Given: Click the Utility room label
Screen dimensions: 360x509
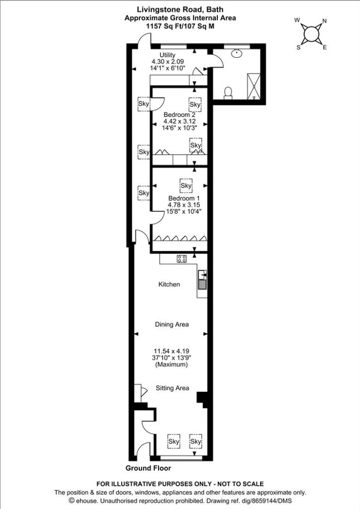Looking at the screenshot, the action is coord(168,55).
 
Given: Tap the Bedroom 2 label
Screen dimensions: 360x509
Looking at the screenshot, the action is coord(180,115).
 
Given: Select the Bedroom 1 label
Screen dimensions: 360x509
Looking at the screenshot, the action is coord(184,198).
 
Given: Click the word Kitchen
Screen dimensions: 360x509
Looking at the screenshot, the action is coord(169,284).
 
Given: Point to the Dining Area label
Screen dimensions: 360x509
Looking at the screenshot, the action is coord(172,324).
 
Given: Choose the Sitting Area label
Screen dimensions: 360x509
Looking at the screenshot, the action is coord(173,388).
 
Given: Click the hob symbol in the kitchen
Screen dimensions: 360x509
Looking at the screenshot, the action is coord(182,258).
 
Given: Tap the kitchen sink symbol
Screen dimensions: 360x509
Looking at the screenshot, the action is coord(202,279).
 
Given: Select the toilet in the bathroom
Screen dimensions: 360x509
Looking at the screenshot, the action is coord(228,92).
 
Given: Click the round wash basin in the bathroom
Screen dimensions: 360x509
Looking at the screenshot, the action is coord(237,53).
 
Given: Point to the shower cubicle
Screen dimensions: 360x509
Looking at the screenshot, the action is coord(254,86).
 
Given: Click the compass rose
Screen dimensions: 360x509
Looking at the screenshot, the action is coord(311,33).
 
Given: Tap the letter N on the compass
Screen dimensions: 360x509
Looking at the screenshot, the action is coord(324,21).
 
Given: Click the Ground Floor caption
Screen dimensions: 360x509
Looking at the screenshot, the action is coord(148,468).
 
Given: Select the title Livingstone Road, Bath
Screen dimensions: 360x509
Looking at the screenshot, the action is coord(180,10).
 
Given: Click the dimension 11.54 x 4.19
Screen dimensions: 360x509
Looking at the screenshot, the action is coord(172,351).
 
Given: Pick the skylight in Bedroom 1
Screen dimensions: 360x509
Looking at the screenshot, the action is coord(186,185).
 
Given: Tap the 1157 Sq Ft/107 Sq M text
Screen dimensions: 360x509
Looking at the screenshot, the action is coord(180,27).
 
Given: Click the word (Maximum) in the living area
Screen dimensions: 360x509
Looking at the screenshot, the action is coord(172,364).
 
